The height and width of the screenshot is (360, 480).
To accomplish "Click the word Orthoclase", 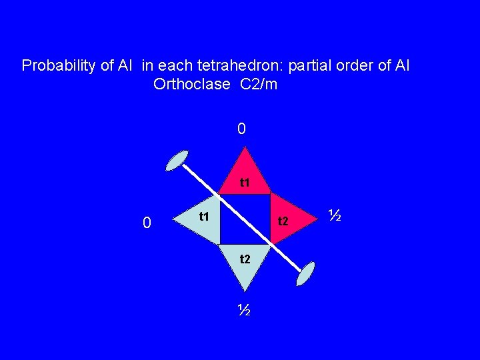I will click(x=193, y=85).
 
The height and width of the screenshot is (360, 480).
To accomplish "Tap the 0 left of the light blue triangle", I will click(x=148, y=223).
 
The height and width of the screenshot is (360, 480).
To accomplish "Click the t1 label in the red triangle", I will click(x=245, y=182).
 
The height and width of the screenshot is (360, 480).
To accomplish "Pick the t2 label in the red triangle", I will click(x=283, y=221).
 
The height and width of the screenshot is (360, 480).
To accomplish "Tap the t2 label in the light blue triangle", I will click(x=245, y=259).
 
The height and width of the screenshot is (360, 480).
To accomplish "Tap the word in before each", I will click(x=147, y=66).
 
